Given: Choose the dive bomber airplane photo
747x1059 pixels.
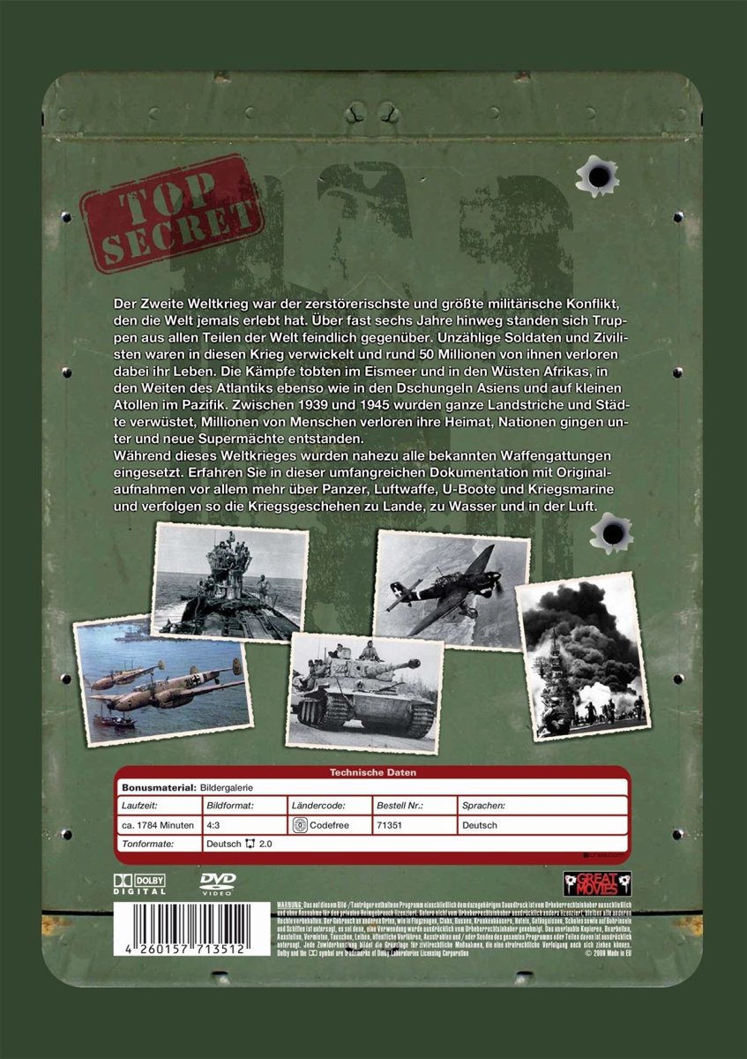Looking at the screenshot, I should (452, 589).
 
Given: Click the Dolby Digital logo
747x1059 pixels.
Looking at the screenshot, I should (138, 882).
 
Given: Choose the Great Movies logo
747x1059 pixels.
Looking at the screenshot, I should (598, 883).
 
